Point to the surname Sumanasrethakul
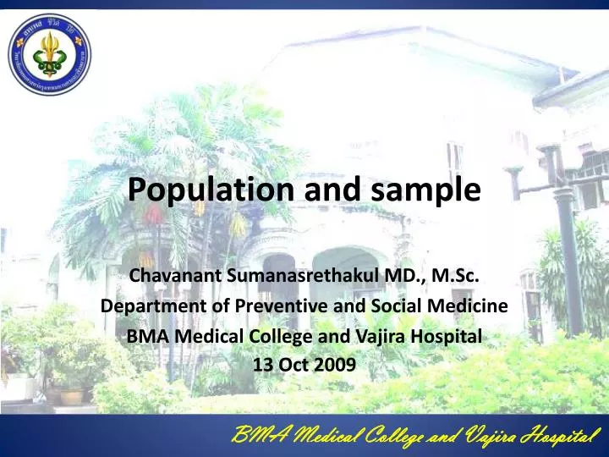click(x=292, y=276)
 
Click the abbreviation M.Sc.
click(x=458, y=276)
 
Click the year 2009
click(x=338, y=365)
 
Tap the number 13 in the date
click(x=264, y=365)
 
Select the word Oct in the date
click(x=297, y=365)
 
